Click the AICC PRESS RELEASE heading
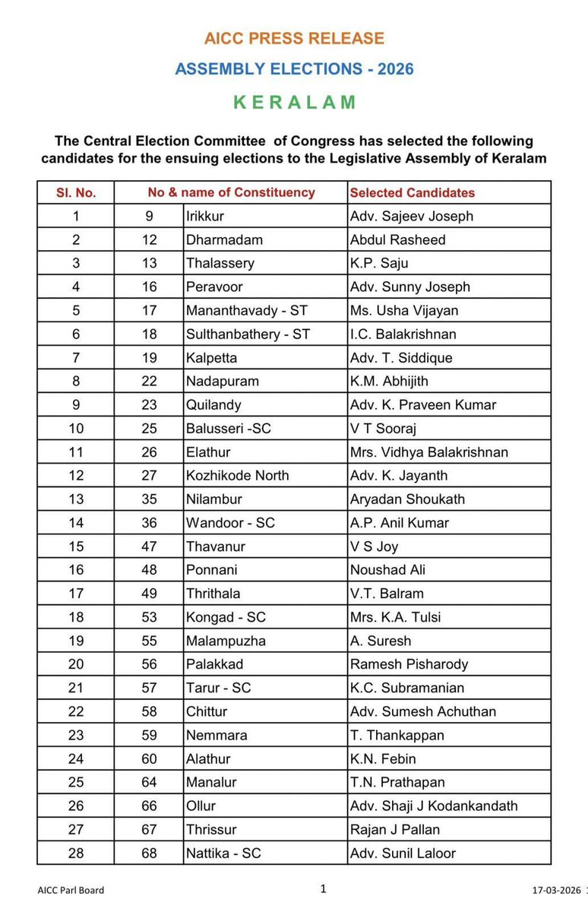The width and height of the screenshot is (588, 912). click(294, 38)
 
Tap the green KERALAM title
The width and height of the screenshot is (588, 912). click(294, 103)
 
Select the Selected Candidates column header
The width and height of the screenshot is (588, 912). click(412, 192)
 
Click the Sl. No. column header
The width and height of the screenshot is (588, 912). click(76, 192)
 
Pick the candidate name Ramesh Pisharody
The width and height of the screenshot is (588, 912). click(409, 664)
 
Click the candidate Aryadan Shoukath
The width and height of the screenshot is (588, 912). click(407, 499)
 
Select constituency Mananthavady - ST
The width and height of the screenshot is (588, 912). click(247, 310)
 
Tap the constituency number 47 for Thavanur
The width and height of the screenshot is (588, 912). click(149, 546)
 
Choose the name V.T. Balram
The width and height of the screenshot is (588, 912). click(387, 594)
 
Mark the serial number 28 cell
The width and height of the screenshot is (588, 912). click(76, 853)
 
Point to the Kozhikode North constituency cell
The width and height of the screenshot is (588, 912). click(237, 476)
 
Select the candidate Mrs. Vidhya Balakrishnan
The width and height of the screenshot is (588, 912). click(428, 452)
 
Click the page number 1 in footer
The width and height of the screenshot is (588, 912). click(323, 888)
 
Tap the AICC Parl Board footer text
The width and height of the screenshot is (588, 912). click(71, 890)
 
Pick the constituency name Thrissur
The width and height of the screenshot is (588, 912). click(212, 829)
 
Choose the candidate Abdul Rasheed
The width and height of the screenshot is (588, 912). click(397, 239)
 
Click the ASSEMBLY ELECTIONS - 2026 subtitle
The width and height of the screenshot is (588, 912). click(294, 69)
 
